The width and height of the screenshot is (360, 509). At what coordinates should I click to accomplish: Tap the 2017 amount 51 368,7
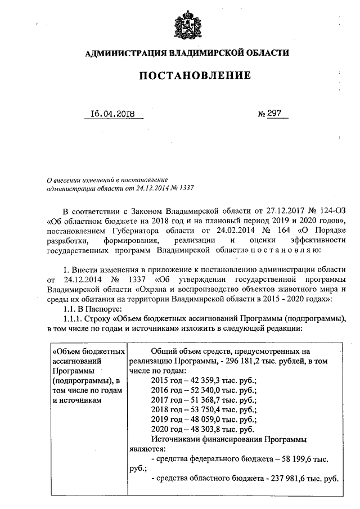tap(206, 400)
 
